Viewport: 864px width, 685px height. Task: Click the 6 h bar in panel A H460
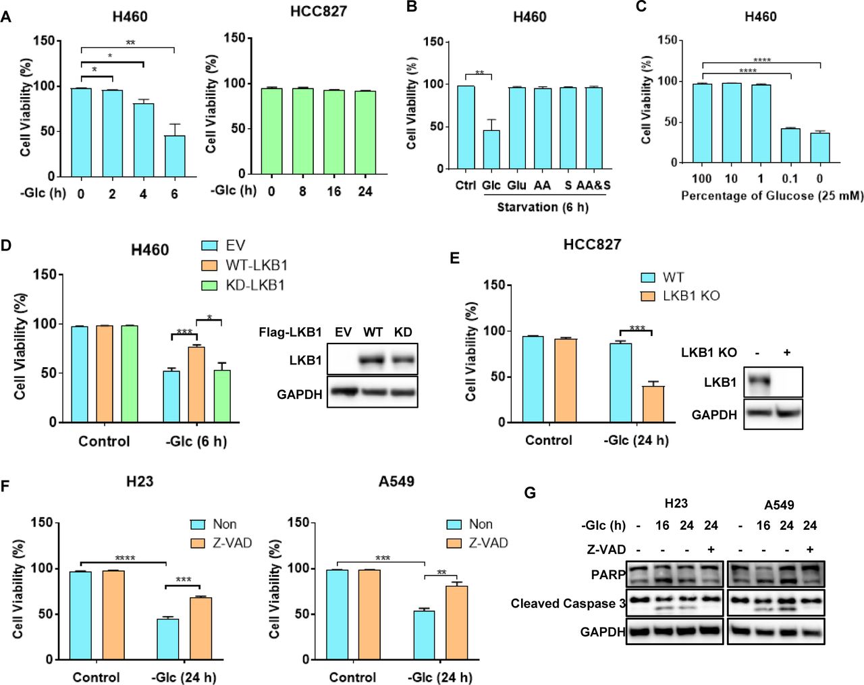point(175,156)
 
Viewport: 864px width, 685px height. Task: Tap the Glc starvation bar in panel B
point(491,149)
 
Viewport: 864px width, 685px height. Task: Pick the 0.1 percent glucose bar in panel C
point(790,145)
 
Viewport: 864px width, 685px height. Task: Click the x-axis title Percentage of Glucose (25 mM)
point(772,196)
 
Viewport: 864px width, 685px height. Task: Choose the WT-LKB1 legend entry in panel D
point(256,265)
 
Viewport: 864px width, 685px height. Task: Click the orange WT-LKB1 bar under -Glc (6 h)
point(196,384)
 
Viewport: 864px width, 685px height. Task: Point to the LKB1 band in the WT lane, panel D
point(373,360)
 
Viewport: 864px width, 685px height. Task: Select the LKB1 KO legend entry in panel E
point(691,296)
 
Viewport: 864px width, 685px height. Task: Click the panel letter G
point(530,493)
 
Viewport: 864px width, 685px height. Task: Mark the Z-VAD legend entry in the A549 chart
point(488,543)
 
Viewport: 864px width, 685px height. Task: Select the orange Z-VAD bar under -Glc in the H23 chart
point(201,628)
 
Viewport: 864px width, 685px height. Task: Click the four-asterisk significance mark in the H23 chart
point(125,558)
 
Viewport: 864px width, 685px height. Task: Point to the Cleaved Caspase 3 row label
point(568,603)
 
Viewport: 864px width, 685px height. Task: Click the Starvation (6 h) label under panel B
point(543,207)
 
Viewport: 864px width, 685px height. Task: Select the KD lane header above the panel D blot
point(402,332)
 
